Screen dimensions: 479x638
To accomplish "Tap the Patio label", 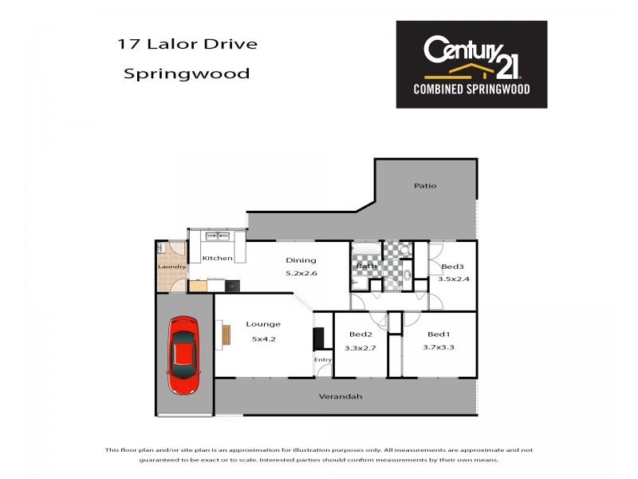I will (x=424, y=186).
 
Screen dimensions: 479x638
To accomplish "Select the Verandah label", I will (x=341, y=397).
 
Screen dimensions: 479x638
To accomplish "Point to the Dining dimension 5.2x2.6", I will (x=301, y=274).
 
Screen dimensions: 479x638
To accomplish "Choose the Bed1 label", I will (x=439, y=334).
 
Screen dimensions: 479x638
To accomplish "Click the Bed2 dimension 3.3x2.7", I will (x=360, y=348).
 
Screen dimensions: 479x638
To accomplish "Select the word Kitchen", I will (x=217, y=259).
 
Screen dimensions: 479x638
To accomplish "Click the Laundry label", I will (x=172, y=267).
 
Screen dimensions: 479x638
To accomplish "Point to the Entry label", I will (x=322, y=360).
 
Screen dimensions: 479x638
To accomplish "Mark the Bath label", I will (x=367, y=267).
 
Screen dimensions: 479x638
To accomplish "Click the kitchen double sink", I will (x=217, y=236).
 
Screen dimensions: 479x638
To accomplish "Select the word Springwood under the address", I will (x=186, y=73).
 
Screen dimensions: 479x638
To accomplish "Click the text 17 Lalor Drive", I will (x=188, y=44).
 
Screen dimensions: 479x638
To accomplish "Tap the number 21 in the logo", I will (x=507, y=61).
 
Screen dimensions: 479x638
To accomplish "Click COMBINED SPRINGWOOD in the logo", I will (x=471, y=89).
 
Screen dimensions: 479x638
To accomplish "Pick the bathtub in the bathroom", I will (x=366, y=249).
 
